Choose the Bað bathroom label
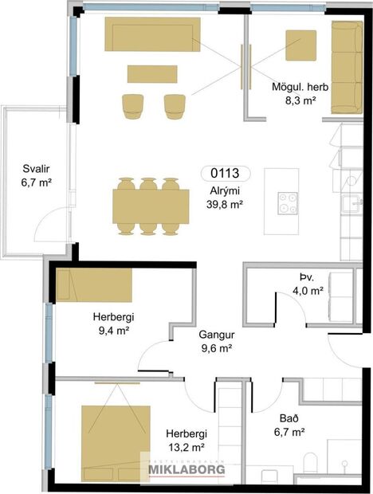(290, 425)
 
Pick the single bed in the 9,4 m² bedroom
(95, 285)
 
